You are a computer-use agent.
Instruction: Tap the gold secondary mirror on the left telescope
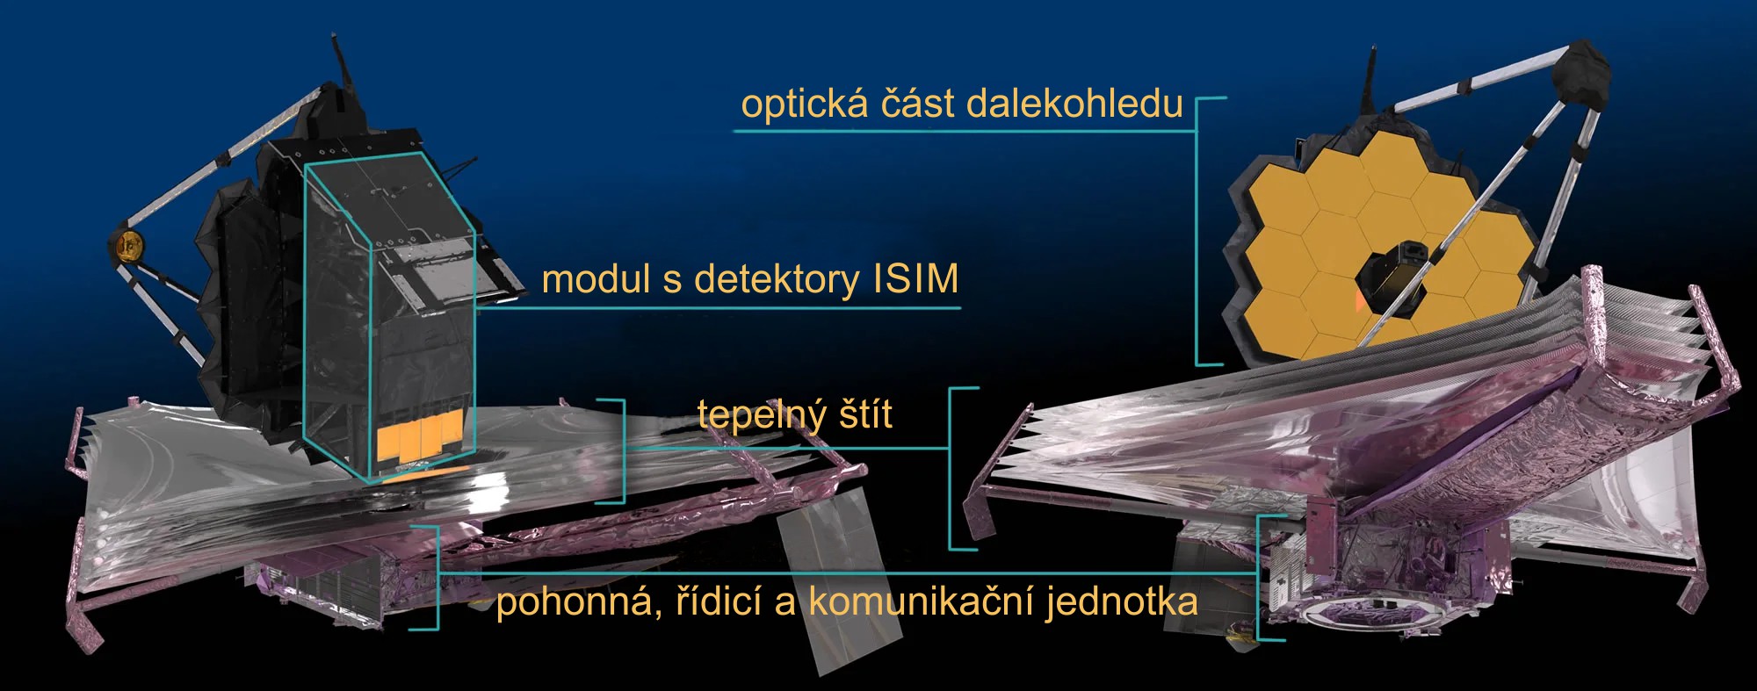click(128, 247)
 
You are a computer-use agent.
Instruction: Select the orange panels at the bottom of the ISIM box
click(420, 439)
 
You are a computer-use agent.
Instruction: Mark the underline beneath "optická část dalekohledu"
click(965, 132)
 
